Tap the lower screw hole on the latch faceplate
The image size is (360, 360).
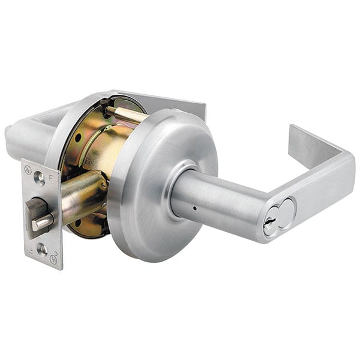(x=41, y=248)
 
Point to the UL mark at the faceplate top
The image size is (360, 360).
(x=28, y=170)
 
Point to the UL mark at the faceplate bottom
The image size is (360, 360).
(x=54, y=259)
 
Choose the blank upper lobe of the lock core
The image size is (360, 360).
(x=287, y=208)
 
